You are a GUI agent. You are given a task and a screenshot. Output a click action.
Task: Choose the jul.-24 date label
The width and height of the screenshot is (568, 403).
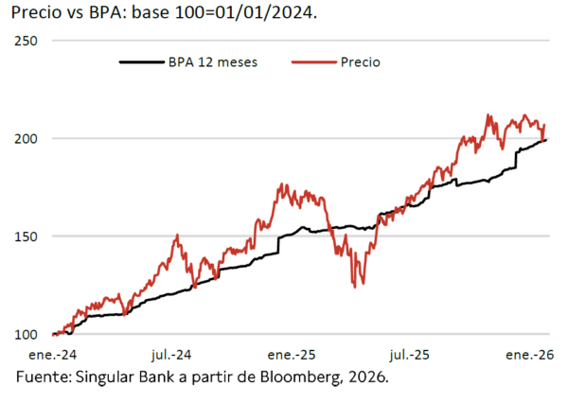pos(171,355)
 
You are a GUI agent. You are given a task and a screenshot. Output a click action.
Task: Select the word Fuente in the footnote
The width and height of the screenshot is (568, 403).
pos(44,377)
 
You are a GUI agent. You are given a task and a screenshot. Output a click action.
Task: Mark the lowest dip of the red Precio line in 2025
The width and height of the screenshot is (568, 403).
pos(354,286)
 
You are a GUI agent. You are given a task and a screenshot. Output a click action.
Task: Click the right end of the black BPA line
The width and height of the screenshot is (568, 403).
pos(546,140)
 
